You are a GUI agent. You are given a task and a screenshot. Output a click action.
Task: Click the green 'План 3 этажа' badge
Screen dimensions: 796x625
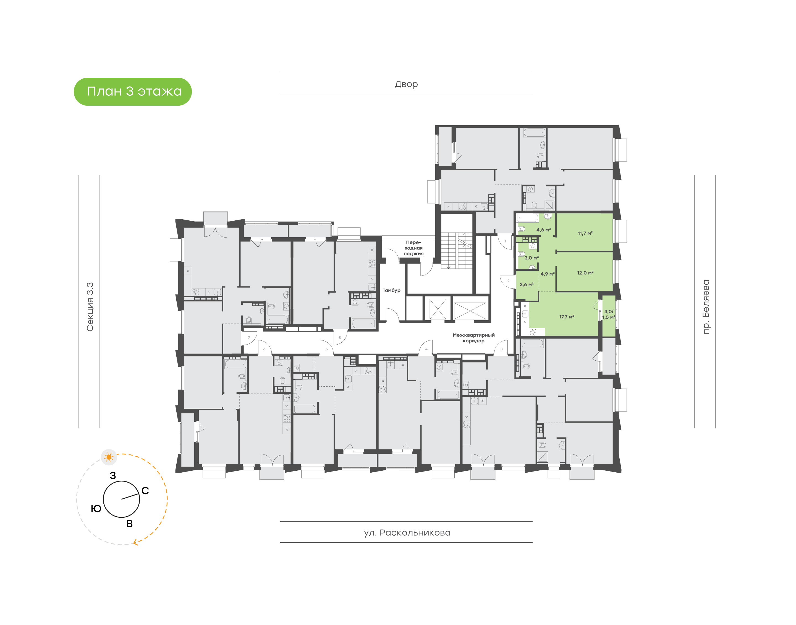133,92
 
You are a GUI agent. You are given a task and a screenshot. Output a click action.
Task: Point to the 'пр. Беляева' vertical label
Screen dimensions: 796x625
705,307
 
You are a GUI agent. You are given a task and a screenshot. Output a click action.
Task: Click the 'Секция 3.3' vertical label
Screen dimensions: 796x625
90,307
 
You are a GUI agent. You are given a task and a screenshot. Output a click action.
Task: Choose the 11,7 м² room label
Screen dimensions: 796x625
585,233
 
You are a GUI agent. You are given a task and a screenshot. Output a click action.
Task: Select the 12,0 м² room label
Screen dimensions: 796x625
585,273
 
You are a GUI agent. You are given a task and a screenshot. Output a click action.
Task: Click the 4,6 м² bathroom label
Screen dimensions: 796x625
543,230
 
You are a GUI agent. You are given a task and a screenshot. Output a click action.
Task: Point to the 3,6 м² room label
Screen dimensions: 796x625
527,284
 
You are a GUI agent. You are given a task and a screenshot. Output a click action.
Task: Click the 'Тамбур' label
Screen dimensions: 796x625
391,290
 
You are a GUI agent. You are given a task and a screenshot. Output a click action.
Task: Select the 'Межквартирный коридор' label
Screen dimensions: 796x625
473,338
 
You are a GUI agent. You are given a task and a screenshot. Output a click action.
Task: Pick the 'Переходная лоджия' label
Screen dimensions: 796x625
413,248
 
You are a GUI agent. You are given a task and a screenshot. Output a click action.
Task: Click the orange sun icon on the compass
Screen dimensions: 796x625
109,457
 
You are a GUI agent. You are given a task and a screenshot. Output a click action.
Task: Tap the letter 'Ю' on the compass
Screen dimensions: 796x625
96,508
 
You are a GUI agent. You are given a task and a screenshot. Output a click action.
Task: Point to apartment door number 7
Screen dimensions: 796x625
249,338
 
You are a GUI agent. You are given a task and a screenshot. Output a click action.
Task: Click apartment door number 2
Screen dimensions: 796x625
508,281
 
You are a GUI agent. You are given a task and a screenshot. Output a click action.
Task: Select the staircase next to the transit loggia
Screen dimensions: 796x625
457,250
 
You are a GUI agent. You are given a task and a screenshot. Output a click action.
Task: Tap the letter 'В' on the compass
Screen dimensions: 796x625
129,524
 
